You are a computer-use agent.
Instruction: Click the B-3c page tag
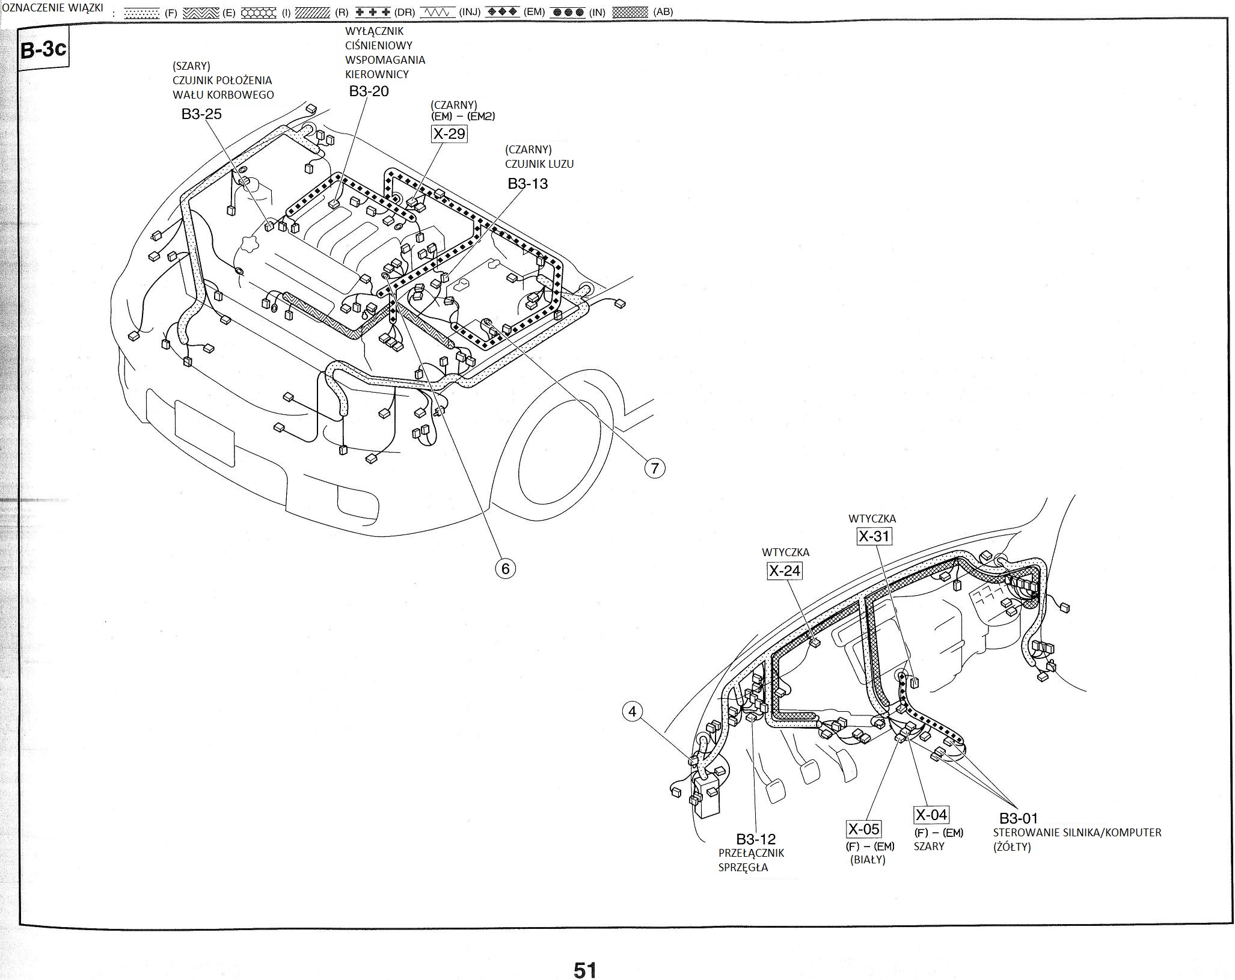click(43, 49)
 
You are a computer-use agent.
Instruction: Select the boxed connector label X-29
click(449, 133)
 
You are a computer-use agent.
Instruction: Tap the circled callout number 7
click(655, 468)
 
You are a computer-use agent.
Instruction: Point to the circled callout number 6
click(505, 568)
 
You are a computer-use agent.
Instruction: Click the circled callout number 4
click(632, 712)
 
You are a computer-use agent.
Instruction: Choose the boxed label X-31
click(874, 536)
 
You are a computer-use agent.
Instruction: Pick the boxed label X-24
click(785, 571)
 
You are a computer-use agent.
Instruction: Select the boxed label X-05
click(863, 829)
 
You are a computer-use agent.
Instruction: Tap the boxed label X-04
click(931, 815)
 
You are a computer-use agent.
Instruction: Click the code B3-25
click(201, 114)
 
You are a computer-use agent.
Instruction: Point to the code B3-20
click(369, 91)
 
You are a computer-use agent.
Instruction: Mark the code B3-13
click(527, 183)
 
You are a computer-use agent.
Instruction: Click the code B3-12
click(756, 839)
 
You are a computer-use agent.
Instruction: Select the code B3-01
click(1019, 818)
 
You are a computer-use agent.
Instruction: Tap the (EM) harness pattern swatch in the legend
click(502, 11)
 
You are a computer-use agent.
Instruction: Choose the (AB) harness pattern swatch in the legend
click(630, 11)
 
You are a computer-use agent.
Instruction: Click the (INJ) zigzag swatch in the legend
click(437, 11)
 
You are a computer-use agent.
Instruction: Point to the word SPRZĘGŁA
click(743, 867)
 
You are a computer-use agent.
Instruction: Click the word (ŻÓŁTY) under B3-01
click(1012, 847)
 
